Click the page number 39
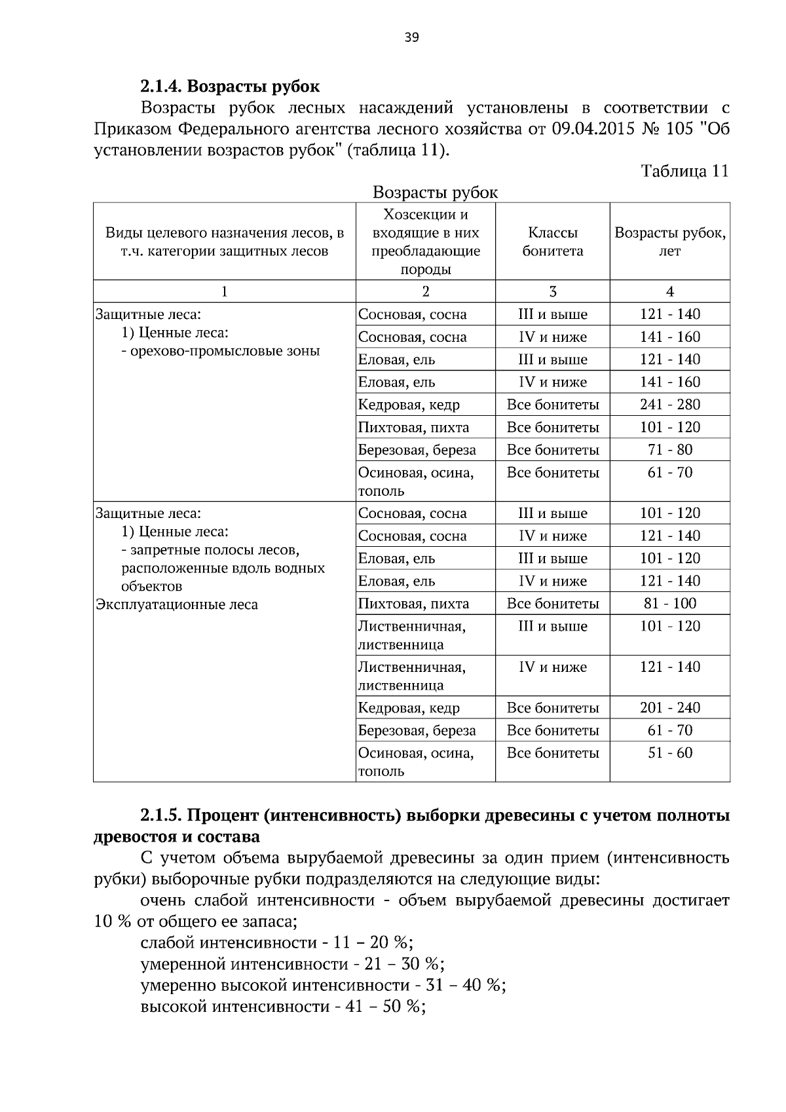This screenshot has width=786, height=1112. (411, 37)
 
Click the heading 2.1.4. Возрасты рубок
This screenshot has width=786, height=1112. (230, 86)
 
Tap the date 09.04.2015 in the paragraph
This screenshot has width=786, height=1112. (593, 129)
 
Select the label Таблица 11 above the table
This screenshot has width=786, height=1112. (684, 172)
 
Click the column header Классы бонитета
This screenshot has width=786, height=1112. (552, 242)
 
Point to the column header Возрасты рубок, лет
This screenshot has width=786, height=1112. (669, 242)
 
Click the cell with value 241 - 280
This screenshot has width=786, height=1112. (669, 405)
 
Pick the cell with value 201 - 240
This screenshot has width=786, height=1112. (669, 708)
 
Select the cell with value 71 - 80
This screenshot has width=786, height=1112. (669, 450)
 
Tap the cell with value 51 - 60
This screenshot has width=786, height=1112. (669, 753)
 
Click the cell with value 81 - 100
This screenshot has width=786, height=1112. (669, 604)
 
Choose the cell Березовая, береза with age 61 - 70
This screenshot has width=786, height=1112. (417, 731)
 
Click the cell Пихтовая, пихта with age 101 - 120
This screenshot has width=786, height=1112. (413, 428)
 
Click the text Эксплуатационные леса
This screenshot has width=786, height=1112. (177, 604)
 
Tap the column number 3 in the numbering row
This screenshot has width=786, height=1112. (552, 292)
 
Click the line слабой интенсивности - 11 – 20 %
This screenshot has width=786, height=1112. (276, 943)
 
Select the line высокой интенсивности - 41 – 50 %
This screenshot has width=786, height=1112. (283, 1007)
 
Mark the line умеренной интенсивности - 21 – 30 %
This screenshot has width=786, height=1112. (292, 964)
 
